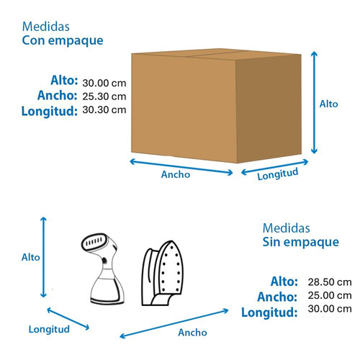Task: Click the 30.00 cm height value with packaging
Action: point(104,83)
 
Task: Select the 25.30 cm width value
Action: point(104,96)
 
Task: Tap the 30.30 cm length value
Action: point(104,110)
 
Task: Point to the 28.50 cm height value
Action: point(330,282)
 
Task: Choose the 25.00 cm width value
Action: point(330,295)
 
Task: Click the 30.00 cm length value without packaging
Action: point(330,309)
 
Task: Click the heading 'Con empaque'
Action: point(63,41)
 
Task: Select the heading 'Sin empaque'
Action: point(301,243)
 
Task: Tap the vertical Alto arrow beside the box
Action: point(314,102)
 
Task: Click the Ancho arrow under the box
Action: point(181,167)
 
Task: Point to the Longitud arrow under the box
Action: point(274,167)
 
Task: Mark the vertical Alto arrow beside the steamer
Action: point(43,257)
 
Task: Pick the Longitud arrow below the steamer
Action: point(68,319)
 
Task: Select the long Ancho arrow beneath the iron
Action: point(174,323)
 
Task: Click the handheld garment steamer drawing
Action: point(103,269)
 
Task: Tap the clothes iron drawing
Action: point(162,273)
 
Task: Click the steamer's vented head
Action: point(95,242)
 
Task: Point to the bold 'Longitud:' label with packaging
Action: point(50,112)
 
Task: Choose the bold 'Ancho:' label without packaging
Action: point(277,297)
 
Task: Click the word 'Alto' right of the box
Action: point(328,104)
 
